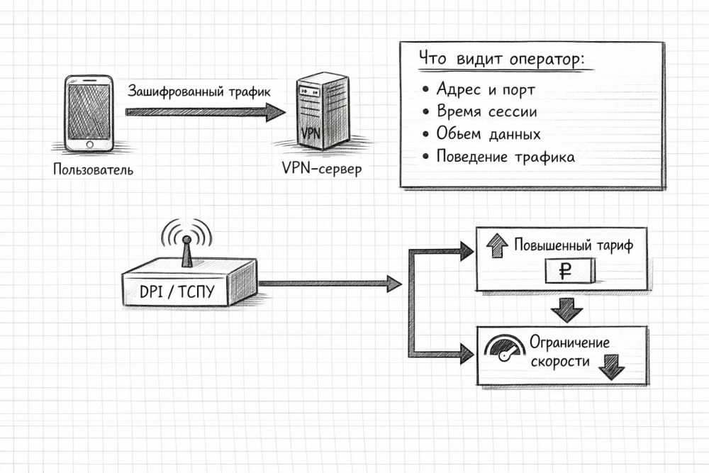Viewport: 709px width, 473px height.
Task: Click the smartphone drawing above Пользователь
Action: [89, 113]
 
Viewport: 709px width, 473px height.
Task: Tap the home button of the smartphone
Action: [89, 145]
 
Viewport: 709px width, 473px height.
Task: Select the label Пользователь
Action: [92, 170]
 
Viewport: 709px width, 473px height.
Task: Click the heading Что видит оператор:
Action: [502, 60]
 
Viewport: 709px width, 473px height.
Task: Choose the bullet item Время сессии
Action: [486, 112]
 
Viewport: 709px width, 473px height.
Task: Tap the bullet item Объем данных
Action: [489, 134]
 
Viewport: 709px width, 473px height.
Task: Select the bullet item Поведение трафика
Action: [505, 157]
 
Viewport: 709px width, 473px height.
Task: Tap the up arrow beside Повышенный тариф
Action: [496, 247]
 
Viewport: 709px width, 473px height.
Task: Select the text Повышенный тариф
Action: [572, 246]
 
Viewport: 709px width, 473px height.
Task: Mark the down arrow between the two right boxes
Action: [567, 310]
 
